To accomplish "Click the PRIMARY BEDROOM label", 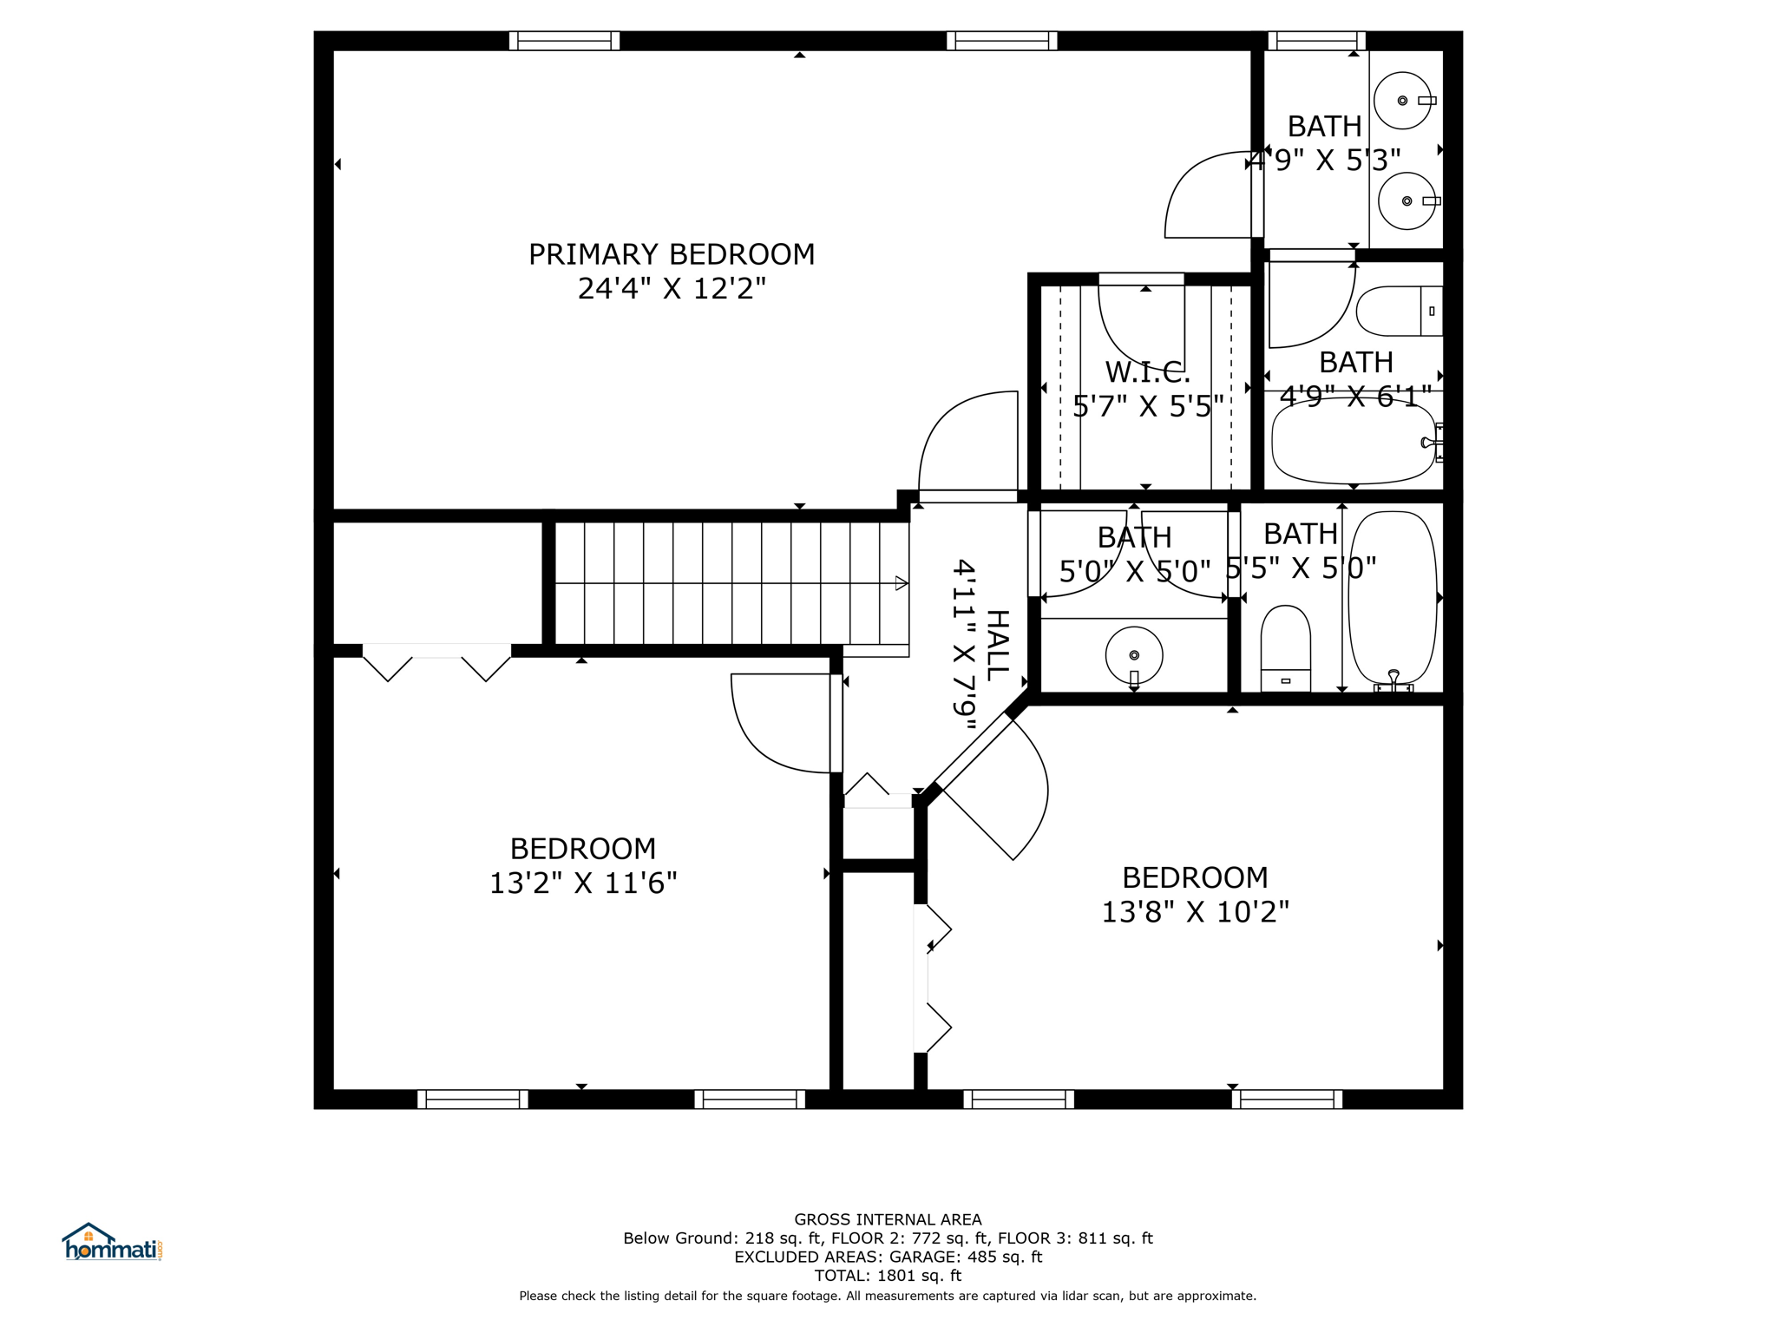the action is tap(672, 254).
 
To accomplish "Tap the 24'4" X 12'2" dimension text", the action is tap(672, 288).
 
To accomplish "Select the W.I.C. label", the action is tap(1147, 372).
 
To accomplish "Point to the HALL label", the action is tap(998, 645).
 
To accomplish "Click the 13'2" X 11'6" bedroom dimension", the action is tap(583, 883).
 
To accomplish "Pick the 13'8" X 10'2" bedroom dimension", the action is tap(1195, 912).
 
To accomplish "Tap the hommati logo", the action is tap(112, 1242).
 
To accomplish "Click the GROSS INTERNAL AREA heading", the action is tap(888, 1219).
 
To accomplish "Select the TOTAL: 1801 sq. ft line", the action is tap(888, 1276).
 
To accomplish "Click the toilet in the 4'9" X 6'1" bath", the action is tap(1399, 311).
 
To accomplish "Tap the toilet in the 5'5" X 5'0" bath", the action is tap(1285, 648).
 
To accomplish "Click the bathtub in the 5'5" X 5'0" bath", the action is tap(1393, 598).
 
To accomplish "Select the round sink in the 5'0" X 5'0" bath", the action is tap(1134, 655).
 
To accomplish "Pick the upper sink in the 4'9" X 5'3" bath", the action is tap(1402, 101).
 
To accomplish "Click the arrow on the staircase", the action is tap(902, 583).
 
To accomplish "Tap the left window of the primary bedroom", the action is tap(564, 41).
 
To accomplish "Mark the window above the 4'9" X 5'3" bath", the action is tap(1316, 41).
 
